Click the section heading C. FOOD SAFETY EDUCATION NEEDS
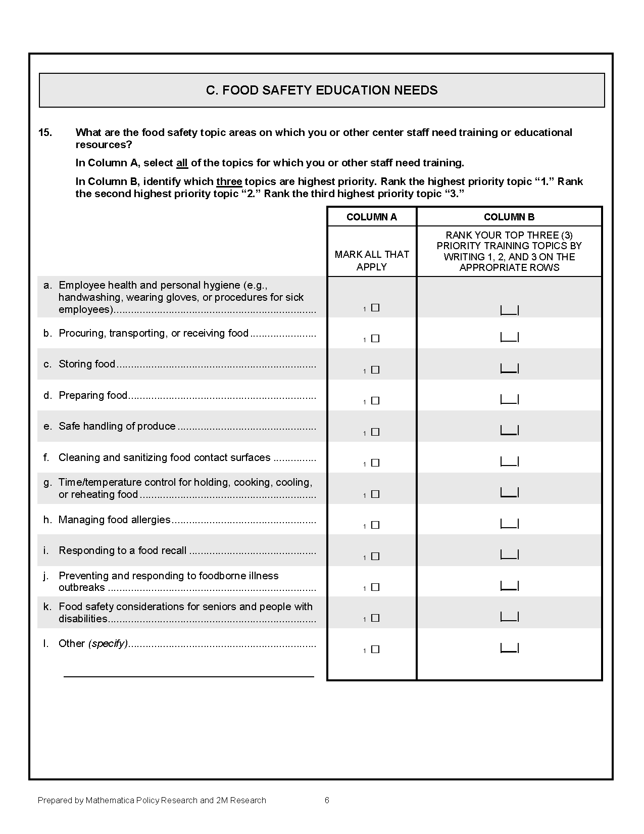(322, 90)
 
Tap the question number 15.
(45, 132)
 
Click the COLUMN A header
(372, 217)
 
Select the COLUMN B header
(509, 217)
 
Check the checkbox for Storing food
(375, 370)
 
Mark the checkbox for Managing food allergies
(375, 525)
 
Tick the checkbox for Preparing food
(375, 401)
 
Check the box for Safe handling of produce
(375, 432)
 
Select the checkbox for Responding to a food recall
(375, 557)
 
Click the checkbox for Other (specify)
(375, 650)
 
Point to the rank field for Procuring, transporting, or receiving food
(509, 337)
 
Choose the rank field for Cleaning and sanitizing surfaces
(509, 461)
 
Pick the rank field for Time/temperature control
(509, 492)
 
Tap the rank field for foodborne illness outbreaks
(509, 586)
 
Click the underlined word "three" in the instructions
(229, 181)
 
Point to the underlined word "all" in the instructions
(182, 163)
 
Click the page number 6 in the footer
(327, 800)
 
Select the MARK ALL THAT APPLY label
(372, 260)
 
